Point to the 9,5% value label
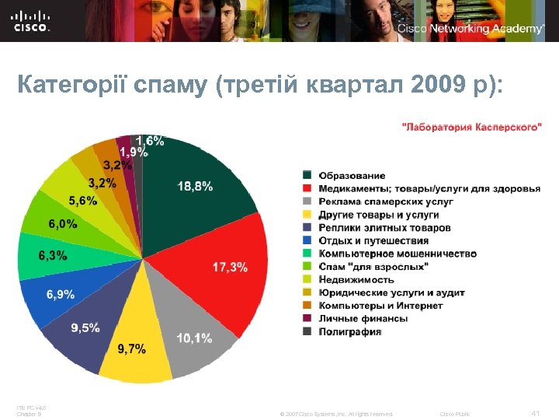point(85,327)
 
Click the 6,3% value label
point(53,255)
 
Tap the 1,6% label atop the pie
point(151,141)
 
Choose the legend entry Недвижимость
point(356,279)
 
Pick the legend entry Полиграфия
point(350,331)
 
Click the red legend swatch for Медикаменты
point(307,189)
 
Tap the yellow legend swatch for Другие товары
point(307,215)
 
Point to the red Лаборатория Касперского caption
point(471,127)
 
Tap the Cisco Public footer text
point(455,413)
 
